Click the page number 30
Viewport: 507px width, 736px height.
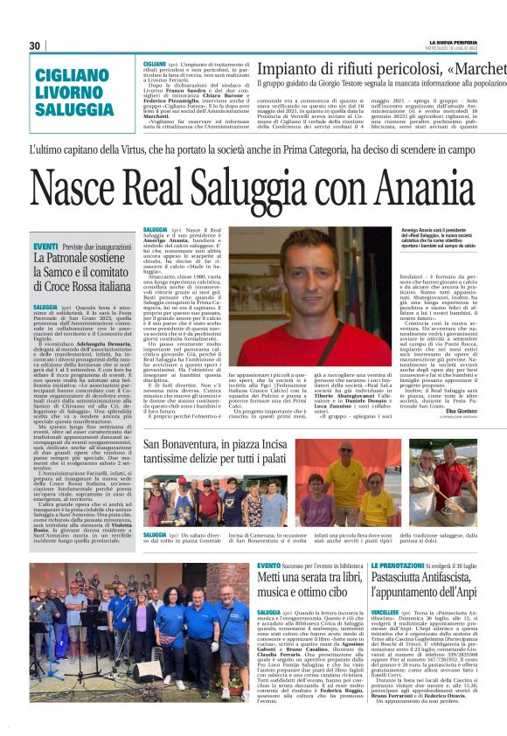coord(35,45)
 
